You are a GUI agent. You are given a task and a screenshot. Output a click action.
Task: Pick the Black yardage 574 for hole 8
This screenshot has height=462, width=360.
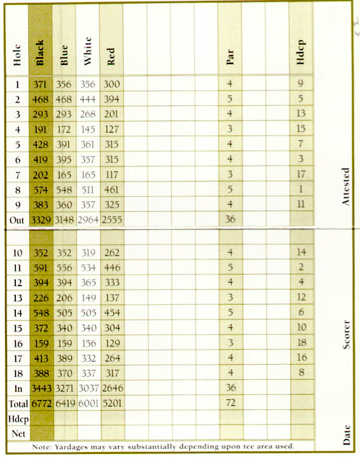[x=40, y=191]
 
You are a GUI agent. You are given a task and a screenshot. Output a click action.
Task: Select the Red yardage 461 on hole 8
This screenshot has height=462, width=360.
[x=112, y=191]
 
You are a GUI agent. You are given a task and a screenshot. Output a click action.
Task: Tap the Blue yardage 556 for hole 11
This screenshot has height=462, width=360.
[x=64, y=267]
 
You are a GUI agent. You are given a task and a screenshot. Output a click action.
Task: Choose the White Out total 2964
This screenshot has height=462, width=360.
[x=88, y=220]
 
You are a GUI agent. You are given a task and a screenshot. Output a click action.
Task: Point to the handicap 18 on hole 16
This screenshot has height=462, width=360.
[x=302, y=342]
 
